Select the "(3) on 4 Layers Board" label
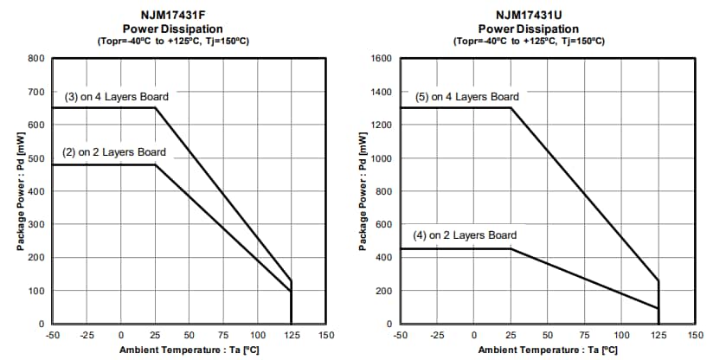pyautogui.click(x=116, y=97)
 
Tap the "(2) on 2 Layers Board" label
pyautogui.click(x=113, y=152)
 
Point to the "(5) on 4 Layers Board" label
pyautogui.click(x=466, y=97)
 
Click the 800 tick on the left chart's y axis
pyautogui.click(x=35, y=59)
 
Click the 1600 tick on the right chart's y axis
pyautogui.click(x=382, y=59)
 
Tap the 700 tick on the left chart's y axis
pyautogui.click(x=35, y=92)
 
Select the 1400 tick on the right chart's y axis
pyautogui.click(x=382, y=92)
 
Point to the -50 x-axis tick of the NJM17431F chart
pyautogui.click(x=52, y=335)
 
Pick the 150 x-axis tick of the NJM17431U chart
pyautogui.click(x=694, y=335)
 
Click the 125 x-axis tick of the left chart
pyautogui.click(x=291, y=335)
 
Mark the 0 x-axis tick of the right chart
pyautogui.click(x=474, y=335)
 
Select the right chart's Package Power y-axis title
pyautogui.click(x=364, y=190)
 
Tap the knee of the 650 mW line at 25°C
pyautogui.click(x=155, y=108)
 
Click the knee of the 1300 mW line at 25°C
pyautogui.click(x=511, y=108)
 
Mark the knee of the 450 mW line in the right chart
pyautogui.click(x=511, y=249)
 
